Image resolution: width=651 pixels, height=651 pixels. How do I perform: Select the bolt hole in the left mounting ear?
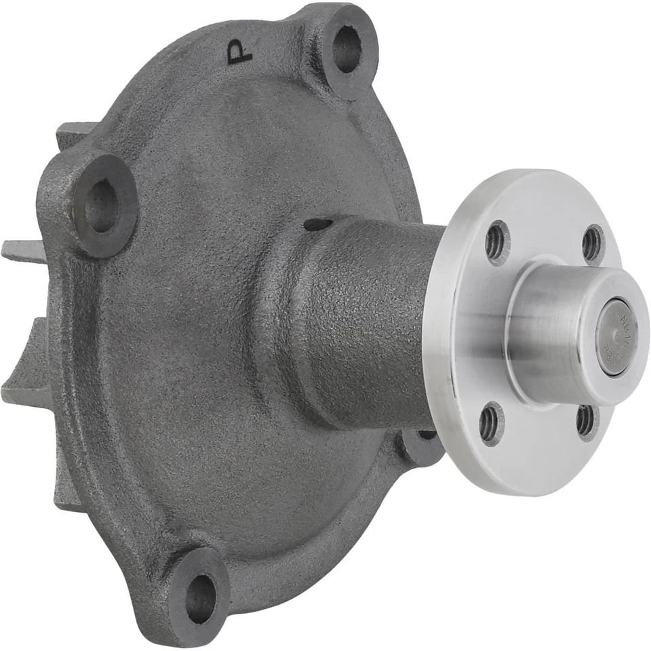102,206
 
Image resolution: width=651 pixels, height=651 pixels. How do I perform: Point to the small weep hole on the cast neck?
318,224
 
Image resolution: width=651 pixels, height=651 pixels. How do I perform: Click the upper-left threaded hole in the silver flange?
496,242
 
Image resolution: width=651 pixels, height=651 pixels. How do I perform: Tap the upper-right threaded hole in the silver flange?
591,242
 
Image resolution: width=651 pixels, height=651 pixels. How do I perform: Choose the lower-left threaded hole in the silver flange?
490,423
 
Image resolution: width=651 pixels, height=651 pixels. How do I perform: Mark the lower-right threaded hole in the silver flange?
585,420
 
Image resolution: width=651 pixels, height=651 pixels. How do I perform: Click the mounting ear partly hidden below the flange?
424,444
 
